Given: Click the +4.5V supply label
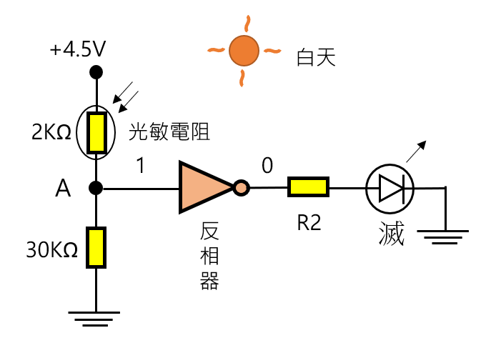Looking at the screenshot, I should click(x=78, y=50).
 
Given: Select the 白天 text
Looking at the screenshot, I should click(x=315, y=58).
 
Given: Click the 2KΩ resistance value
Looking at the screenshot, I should click(x=51, y=132).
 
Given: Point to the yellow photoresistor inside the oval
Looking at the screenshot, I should click(x=96, y=132).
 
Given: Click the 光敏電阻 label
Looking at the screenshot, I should click(x=169, y=131).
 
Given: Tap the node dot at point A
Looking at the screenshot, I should click(x=96, y=188).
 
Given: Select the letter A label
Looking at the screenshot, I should click(x=63, y=189).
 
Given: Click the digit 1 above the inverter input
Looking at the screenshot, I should click(x=140, y=166).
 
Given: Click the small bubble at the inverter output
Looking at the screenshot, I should click(x=242, y=188).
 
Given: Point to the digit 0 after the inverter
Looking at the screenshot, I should click(x=267, y=166).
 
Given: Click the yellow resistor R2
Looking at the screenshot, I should click(x=309, y=187).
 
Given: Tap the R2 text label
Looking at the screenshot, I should click(x=309, y=223).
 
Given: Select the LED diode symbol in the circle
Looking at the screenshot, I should click(x=390, y=188).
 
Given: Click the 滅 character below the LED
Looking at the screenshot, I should click(x=392, y=234).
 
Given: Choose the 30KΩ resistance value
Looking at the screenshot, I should click(x=51, y=250).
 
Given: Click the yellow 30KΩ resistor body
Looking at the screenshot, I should click(x=96, y=247).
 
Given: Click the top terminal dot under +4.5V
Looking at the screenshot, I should click(x=96, y=72).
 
